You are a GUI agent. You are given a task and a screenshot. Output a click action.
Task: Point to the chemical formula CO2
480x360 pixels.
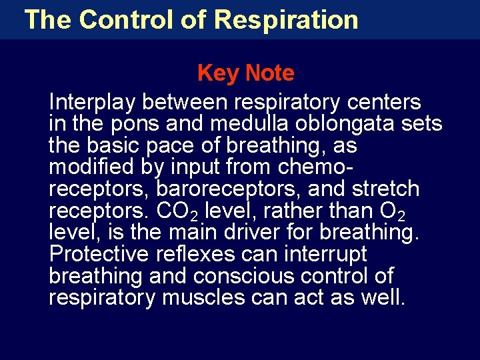point(176,211)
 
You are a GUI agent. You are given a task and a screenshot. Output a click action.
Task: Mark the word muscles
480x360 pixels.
point(204,297)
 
